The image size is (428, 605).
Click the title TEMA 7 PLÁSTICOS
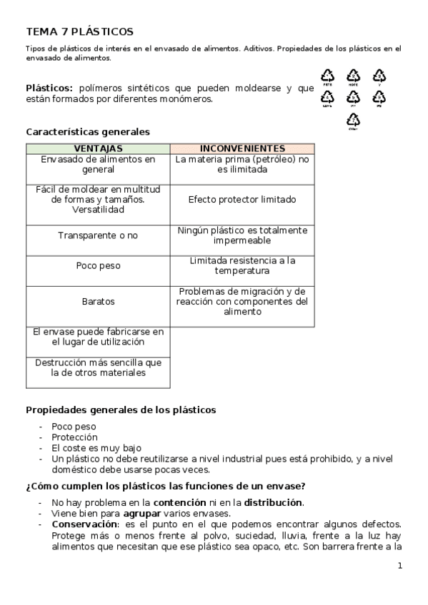pos(79,31)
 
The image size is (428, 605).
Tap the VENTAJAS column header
pos(98,148)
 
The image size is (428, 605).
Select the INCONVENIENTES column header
pos(242,148)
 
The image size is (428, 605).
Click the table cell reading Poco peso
pos(98,265)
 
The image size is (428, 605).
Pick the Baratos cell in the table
pos(98,302)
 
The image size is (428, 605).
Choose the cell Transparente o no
pos(98,235)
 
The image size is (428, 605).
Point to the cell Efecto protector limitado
pos(242,200)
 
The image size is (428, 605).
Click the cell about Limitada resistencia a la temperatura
pos(242,265)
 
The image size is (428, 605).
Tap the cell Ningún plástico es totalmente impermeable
pos(242,235)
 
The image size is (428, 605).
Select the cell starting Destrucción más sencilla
pos(98,367)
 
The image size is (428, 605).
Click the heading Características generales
pos(88,131)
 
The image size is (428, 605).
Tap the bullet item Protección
pos(74,437)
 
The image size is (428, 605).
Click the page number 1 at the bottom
pos(399,566)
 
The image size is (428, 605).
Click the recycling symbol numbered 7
pos(353,121)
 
